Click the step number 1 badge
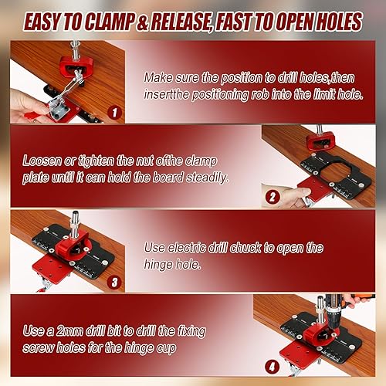click(114, 113)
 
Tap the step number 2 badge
click(273, 198)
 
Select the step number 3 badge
click(114, 283)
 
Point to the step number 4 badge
click(272, 367)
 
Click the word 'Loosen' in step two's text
click(42, 161)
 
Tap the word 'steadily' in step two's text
click(208, 178)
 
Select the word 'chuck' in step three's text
click(245, 248)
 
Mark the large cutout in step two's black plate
click(335, 171)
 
